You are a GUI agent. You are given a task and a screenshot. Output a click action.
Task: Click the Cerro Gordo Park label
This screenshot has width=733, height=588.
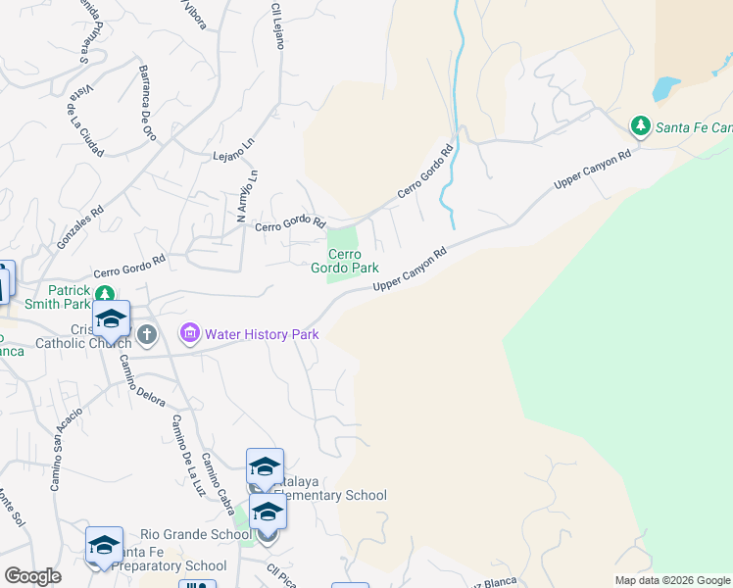click(344, 261)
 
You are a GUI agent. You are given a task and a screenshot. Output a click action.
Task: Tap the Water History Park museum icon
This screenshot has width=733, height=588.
click(189, 334)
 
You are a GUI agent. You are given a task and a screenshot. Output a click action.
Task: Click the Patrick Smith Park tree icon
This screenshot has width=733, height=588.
click(109, 291)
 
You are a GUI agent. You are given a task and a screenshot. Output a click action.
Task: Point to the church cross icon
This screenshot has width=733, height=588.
click(147, 335)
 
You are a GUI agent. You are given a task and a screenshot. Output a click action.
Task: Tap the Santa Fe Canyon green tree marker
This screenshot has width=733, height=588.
click(640, 125)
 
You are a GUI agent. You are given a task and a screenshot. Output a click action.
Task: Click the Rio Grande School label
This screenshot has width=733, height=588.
click(195, 535)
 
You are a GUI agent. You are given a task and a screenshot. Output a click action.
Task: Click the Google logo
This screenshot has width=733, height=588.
click(33, 576)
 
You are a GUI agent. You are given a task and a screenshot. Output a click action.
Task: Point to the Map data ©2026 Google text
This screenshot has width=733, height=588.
click(671, 580)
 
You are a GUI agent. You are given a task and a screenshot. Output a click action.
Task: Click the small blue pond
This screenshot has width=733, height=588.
click(664, 89)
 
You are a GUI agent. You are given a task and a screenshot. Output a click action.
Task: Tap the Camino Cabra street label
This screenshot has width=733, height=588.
click(219, 482)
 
